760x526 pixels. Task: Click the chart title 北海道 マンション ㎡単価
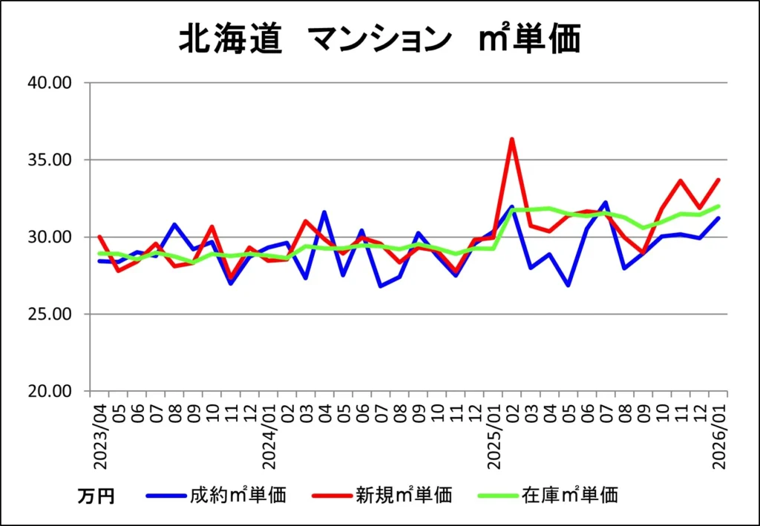coord(379,39)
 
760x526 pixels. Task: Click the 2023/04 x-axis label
coord(99,435)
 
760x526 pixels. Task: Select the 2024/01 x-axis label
coord(269,435)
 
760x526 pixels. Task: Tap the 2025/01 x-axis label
coord(494,435)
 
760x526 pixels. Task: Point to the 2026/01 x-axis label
coord(718,435)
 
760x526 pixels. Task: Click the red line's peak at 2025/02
coord(512,139)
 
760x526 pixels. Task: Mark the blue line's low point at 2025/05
coord(569,285)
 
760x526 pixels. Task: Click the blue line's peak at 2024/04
coord(324,212)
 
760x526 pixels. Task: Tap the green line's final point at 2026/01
coord(718,206)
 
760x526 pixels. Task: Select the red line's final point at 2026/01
coord(718,180)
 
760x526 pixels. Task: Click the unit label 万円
coord(96,496)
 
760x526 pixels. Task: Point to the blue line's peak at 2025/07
coord(606,203)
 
